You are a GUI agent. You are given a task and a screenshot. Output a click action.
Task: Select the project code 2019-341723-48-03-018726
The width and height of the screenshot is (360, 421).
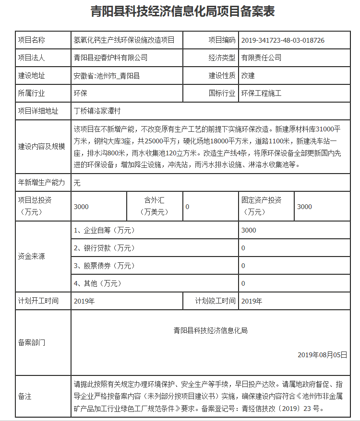(283, 40)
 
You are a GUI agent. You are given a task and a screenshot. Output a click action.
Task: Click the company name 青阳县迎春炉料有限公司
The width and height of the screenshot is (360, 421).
(110, 58)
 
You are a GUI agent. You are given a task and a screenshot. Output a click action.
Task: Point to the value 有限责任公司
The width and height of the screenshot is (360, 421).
(261, 58)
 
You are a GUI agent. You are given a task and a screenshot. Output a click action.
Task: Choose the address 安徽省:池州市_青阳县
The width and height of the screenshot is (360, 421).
(107, 75)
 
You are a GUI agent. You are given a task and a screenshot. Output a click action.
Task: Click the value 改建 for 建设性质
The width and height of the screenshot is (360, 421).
(248, 75)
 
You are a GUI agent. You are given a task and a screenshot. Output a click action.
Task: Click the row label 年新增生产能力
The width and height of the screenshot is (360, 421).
(41, 182)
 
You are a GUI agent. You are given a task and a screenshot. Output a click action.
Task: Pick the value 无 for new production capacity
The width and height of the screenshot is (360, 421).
(77, 182)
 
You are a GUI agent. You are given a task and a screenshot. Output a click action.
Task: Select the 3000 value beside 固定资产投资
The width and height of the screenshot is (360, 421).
(304, 207)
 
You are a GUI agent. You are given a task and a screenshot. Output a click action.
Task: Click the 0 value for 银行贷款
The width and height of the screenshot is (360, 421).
(243, 248)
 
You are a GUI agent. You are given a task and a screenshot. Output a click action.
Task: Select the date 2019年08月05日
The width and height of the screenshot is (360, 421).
(322, 355)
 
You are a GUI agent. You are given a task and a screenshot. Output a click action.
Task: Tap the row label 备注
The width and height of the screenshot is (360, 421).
(25, 397)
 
